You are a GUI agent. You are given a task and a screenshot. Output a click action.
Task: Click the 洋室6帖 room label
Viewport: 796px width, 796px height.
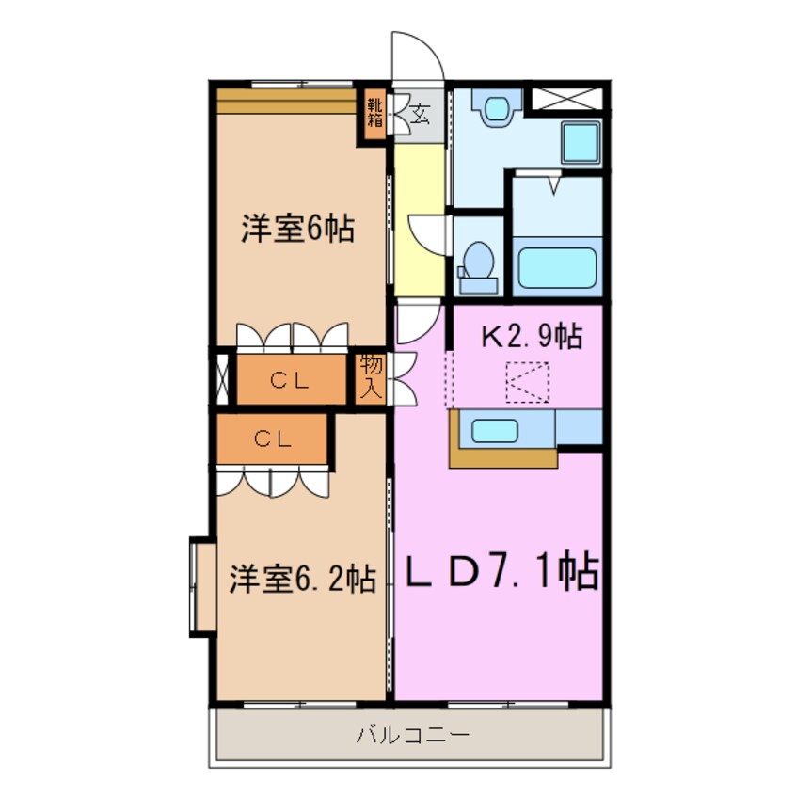[297, 229]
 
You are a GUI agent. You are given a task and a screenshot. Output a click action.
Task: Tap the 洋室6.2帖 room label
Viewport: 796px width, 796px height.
[303, 579]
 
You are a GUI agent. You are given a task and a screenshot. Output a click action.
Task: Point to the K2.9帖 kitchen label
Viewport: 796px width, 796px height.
[532, 335]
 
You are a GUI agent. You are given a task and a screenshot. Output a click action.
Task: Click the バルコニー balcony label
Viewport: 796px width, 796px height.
[412, 734]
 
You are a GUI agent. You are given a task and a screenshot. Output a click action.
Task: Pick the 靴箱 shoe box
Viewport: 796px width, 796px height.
[375, 113]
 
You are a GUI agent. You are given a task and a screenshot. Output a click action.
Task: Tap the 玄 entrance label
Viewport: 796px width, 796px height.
[420, 114]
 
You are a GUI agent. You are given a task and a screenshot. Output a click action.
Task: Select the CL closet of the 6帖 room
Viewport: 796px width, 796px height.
[292, 379]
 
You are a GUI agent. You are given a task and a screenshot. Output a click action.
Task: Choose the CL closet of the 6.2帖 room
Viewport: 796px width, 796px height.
[272, 438]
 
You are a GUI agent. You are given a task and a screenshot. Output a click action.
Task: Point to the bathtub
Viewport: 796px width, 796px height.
[557, 267]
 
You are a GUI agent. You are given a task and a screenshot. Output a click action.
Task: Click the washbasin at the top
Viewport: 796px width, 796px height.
[497, 107]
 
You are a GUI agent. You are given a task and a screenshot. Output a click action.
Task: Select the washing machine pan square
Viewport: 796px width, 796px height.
[581, 142]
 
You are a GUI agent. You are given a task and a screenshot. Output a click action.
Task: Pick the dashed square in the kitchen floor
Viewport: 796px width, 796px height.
[527, 382]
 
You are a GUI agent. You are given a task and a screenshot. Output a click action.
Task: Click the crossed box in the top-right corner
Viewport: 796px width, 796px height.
[567, 99]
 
